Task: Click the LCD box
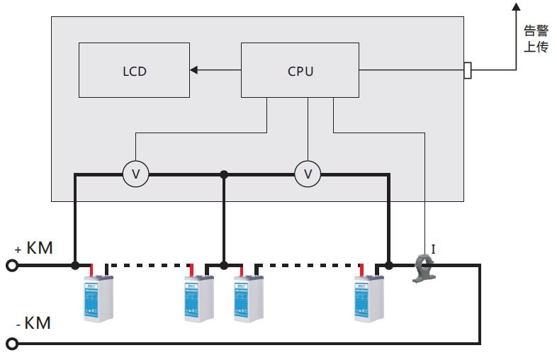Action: (x=134, y=70)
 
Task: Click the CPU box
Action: (x=300, y=70)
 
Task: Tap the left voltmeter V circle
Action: (x=136, y=174)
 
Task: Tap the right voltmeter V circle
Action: (x=308, y=174)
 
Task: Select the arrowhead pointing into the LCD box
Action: (x=194, y=70)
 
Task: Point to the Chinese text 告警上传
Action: (x=536, y=39)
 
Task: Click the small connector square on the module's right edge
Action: (x=467, y=70)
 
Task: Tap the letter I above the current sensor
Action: (x=433, y=249)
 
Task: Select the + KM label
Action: (x=34, y=248)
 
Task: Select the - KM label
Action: (x=34, y=323)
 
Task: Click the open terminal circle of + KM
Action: (x=11, y=266)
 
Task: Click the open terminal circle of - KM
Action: (x=11, y=344)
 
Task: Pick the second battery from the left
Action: (x=199, y=296)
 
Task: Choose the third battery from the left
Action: (x=248, y=296)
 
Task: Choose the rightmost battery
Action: (x=369, y=296)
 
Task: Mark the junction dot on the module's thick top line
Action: (x=224, y=174)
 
